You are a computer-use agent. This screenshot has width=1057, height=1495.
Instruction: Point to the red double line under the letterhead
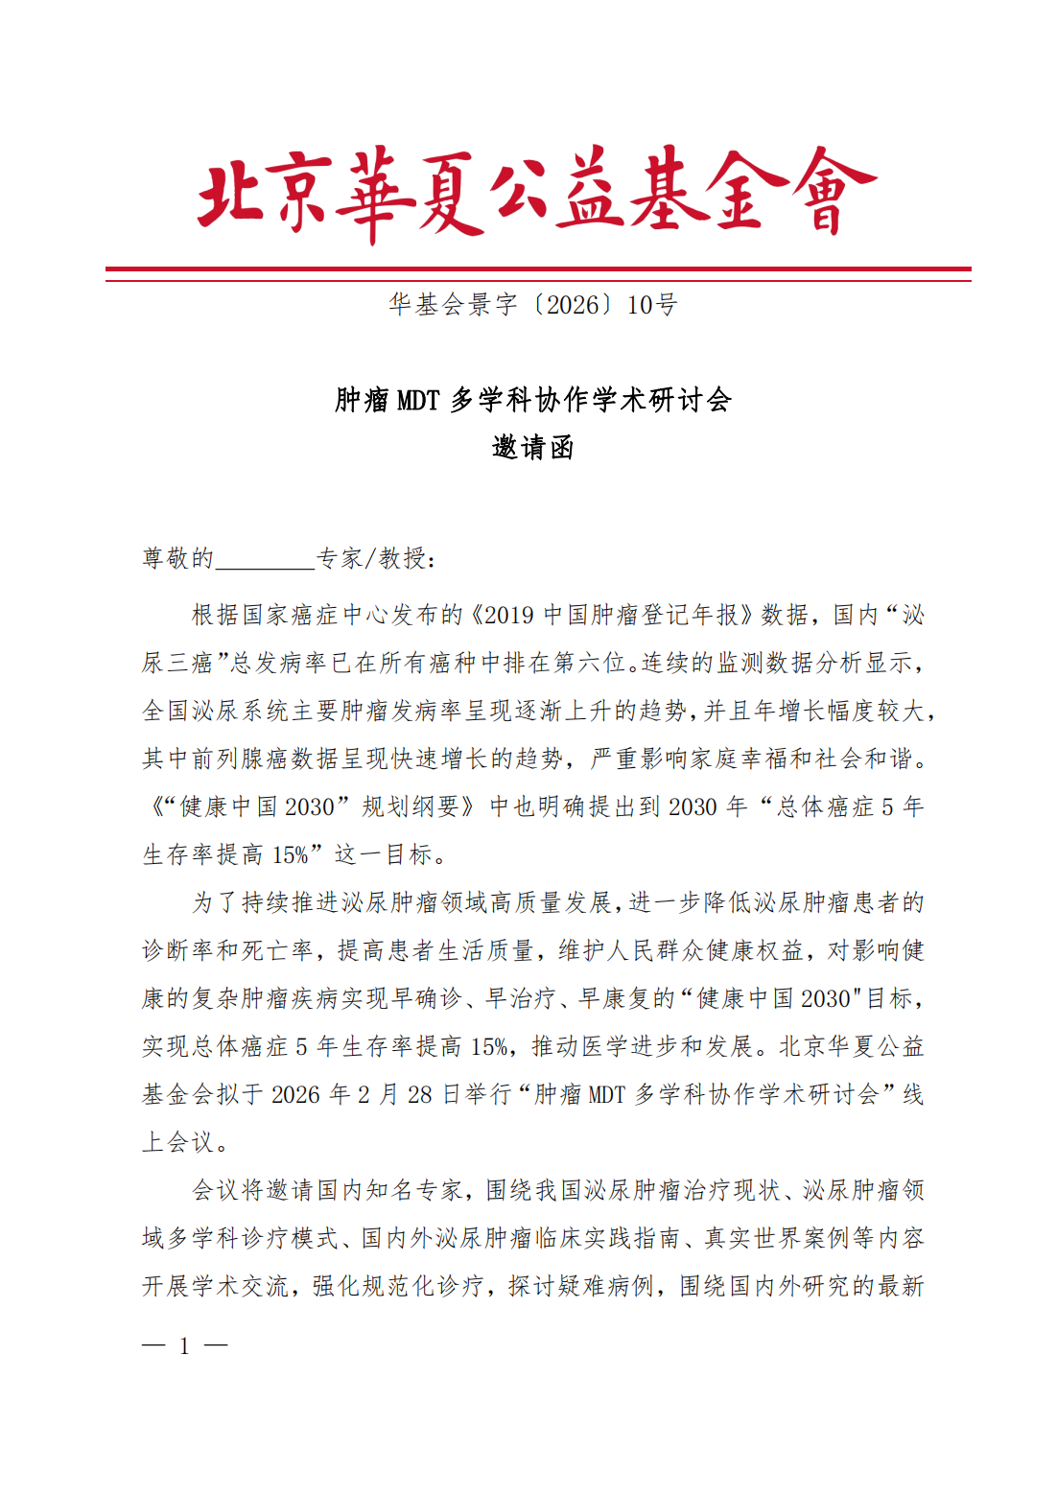(x=538, y=274)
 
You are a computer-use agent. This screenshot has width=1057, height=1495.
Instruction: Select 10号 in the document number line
(x=652, y=305)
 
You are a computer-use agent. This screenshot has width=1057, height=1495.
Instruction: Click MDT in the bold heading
(x=418, y=400)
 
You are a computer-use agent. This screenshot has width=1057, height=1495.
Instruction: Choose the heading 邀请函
(x=532, y=448)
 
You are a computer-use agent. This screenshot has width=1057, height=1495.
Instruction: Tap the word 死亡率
(x=279, y=950)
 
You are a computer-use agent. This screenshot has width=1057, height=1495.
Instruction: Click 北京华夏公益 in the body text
(x=852, y=1046)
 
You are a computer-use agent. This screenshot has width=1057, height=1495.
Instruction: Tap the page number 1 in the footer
(x=184, y=1346)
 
